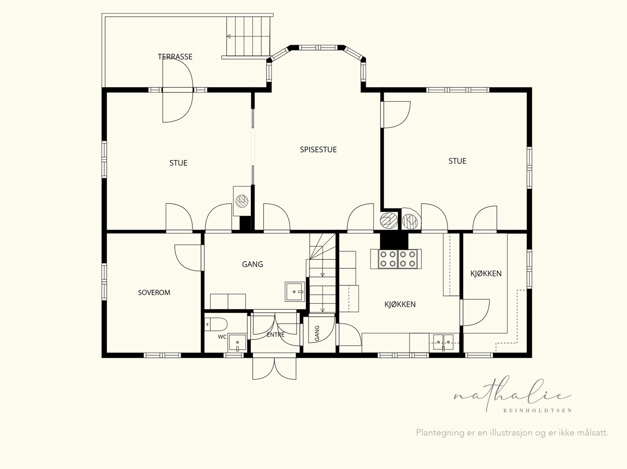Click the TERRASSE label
point(175,56)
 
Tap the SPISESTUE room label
point(318,150)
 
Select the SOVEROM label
point(154,292)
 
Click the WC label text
point(222,337)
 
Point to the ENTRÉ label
point(275,335)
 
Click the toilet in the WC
point(216,325)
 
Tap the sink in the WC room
point(237,343)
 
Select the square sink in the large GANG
point(295,292)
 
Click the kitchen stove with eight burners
point(396,259)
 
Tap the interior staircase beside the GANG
point(323,273)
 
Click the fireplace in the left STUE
point(242,201)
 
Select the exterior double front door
point(275,368)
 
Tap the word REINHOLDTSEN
point(537,411)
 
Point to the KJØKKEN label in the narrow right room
point(486,273)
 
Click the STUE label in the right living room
point(457,161)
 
